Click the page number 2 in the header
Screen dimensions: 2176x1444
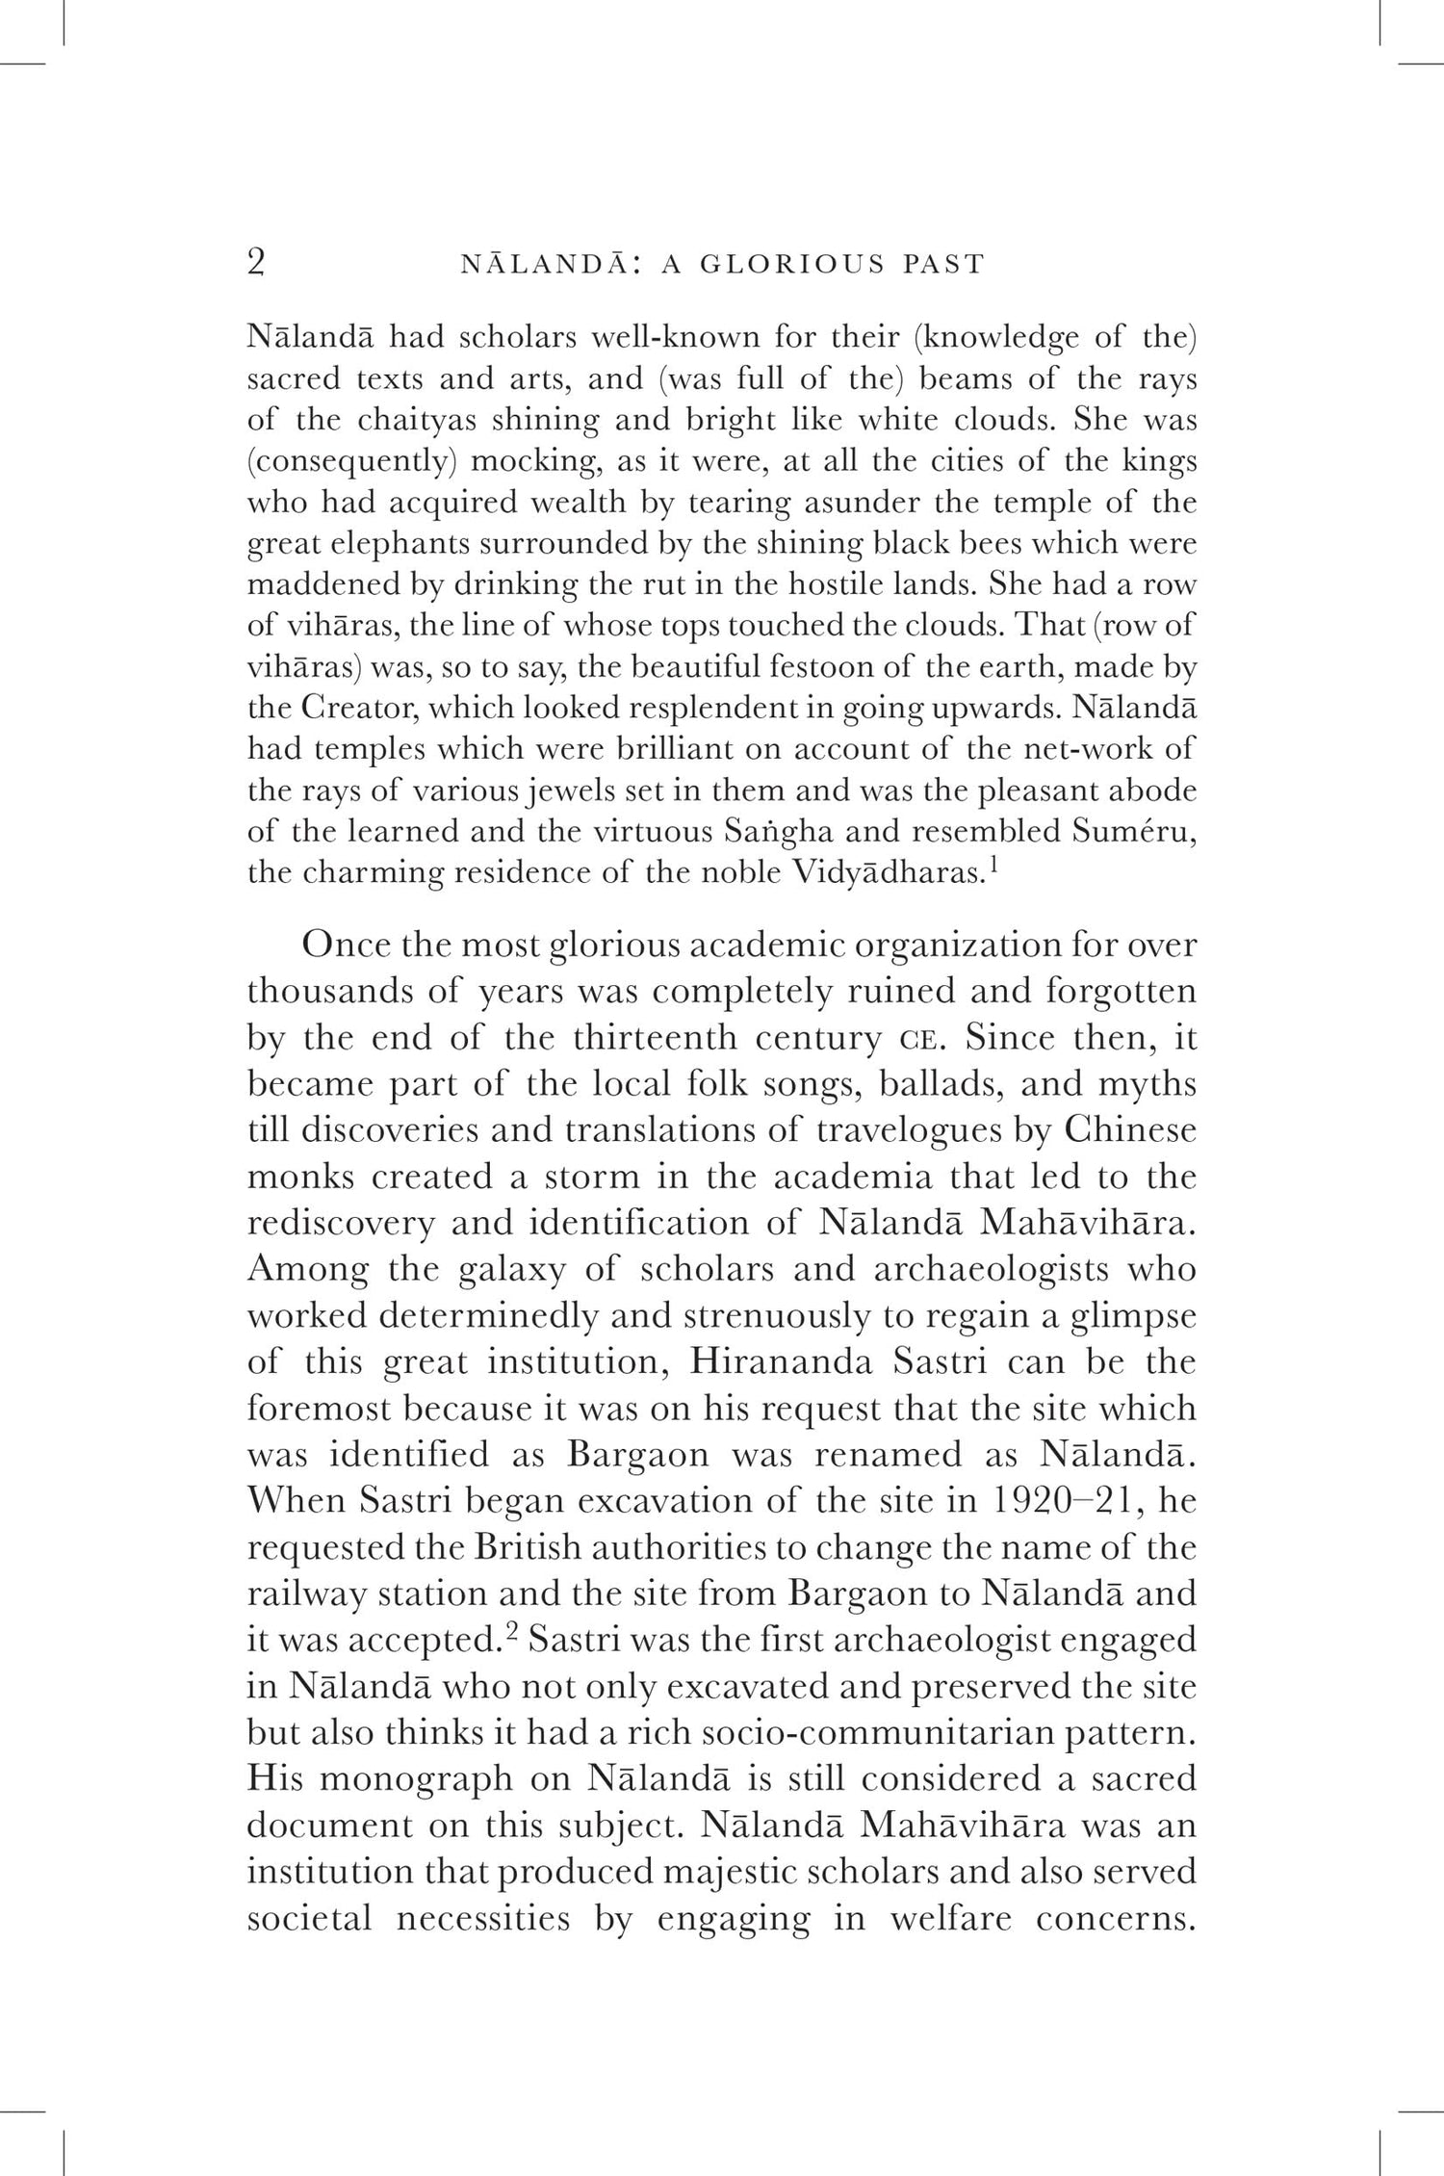(256, 262)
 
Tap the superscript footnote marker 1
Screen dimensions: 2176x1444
(994, 864)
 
